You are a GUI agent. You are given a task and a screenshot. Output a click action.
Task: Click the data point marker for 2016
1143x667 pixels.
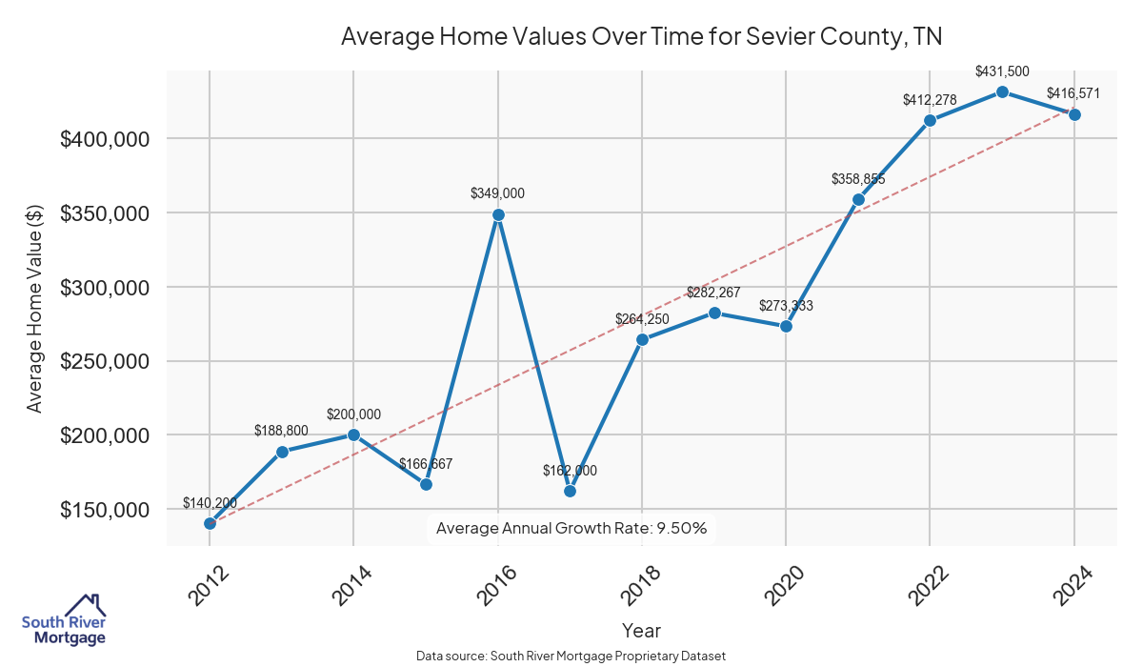point(498,214)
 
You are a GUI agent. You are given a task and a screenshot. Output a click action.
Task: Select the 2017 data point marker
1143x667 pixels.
point(570,491)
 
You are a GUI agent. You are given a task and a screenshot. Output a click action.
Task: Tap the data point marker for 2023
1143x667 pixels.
point(1002,91)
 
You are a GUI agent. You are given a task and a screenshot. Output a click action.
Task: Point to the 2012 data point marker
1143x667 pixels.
point(210,523)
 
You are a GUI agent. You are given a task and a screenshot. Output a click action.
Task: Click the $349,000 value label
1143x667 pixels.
point(497,193)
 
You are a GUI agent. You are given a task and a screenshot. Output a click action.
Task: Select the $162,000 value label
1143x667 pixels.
point(570,471)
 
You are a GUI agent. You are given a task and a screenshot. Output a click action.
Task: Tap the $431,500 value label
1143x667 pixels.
point(1002,71)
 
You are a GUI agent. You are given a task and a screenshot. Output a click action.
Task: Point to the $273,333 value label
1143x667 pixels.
point(786,306)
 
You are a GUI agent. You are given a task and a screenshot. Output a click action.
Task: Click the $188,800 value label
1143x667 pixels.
point(282,430)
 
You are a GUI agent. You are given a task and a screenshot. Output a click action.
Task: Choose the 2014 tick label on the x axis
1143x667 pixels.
point(349,585)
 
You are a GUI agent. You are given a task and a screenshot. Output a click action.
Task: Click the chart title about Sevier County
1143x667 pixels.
point(641,37)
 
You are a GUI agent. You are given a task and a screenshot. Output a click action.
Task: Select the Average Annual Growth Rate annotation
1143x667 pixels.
point(571,528)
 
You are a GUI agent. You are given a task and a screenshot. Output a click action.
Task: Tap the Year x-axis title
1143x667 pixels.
point(641,630)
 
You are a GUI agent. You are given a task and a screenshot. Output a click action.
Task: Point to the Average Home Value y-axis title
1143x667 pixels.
point(34,308)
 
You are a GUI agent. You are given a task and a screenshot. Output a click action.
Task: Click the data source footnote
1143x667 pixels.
point(571,656)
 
